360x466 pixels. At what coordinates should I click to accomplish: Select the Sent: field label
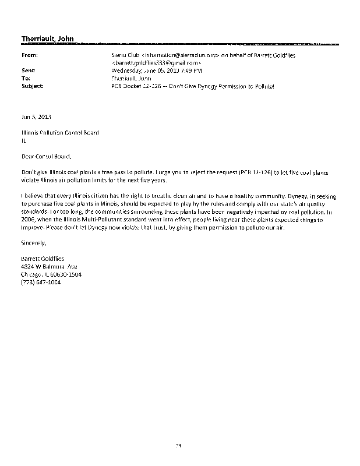tap(27, 70)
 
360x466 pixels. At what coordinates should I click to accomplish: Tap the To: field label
tap(24, 77)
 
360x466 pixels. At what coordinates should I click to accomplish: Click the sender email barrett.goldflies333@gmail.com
tap(157, 62)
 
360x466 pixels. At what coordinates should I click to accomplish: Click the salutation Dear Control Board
tap(48, 156)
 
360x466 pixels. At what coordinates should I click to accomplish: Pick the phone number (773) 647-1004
tap(41, 282)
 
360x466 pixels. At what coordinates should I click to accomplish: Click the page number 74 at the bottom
tap(179, 446)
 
